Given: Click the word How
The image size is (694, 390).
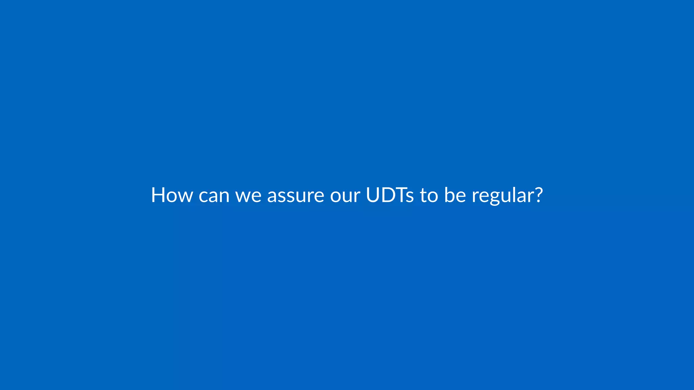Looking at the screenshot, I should pos(172,195).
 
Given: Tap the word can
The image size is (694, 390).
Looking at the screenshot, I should pos(214,196).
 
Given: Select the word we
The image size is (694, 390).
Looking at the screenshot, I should pos(248,196).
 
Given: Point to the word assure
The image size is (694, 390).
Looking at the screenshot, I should pos(295,196).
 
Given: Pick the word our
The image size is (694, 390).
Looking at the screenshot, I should pos(345,196).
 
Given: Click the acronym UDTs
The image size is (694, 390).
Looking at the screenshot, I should pos(390,195).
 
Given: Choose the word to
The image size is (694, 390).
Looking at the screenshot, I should pos(429,196).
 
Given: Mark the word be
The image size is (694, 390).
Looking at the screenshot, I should pos(455,195).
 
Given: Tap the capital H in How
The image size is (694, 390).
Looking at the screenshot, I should pos(158,195).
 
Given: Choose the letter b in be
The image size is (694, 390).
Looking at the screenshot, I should pos(449,195).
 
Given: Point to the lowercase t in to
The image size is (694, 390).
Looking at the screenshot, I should pos(423,196).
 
